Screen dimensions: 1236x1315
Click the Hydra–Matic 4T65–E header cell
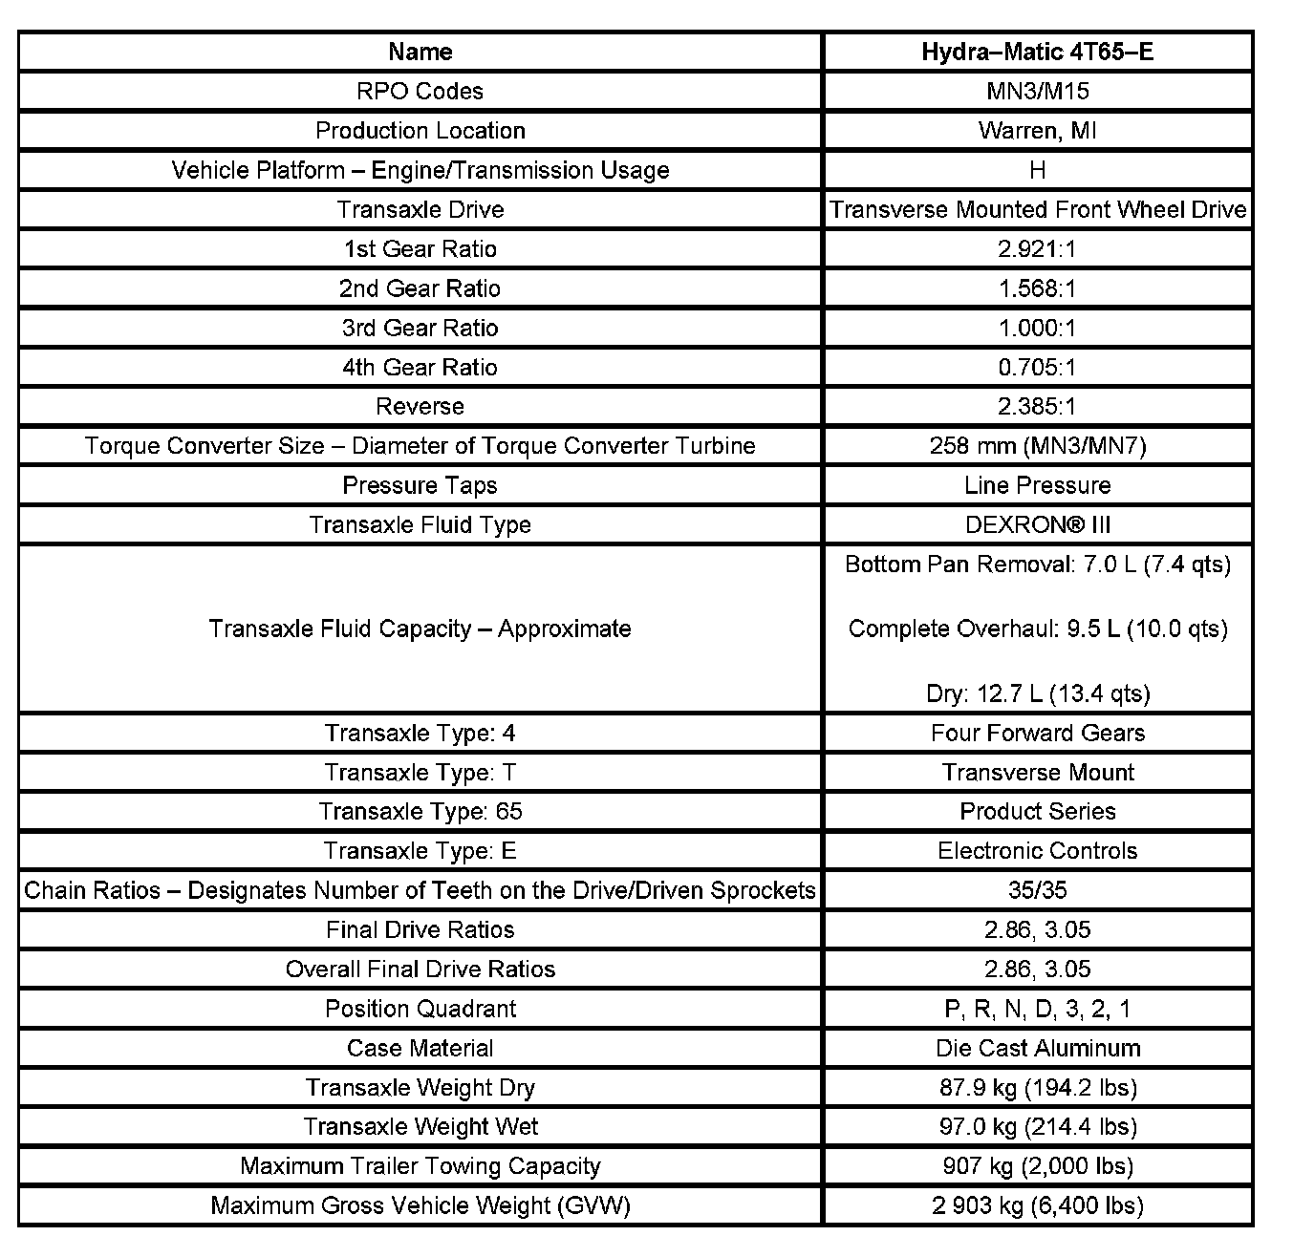pyautogui.click(x=1037, y=52)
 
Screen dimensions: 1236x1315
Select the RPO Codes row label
pyautogui.click(x=420, y=91)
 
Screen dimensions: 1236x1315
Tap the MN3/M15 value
pyautogui.click(x=1037, y=91)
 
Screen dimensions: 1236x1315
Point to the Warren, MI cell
pyautogui.click(x=1037, y=130)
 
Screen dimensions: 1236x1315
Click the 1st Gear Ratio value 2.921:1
pyautogui.click(x=1037, y=249)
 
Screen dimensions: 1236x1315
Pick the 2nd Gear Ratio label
pyautogui.click(x=420, y=288)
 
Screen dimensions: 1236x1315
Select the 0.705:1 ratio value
pyautogui.click(x=1037, y=367)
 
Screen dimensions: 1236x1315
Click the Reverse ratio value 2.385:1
pyautogui.click(x=1037, y=406)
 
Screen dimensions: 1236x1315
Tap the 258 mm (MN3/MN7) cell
pyautogui.click(x=1037, y=445)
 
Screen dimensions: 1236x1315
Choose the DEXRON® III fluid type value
pyautogui.click(x=1037, y=524)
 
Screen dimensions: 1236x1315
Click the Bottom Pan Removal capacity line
pyautogui.click(x=1037, y=565)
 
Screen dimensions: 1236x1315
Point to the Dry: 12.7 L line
pyautogui.click(x=1037, y=693)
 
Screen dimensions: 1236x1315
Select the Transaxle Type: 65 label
pyautogui.click(x=420, y=811)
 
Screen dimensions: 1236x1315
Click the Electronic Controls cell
pyautogui.click(x=1037, y=850)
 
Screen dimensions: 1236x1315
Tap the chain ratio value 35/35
pyautogui.click(x=1037, y=890)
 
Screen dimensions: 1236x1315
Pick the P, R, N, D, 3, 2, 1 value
pyautogui.click(x=1037, y=1009)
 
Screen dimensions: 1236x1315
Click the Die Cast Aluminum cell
pyautogui.click(x=1037, y=1048)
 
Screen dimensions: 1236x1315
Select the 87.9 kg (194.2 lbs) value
pyautogui.click(x=1037, y=1087)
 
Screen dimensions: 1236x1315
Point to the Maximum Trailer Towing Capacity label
pyautogui.click(x=420, y=1165)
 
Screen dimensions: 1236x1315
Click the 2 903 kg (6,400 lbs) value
pyautogui.click(x=1037, y=1205)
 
